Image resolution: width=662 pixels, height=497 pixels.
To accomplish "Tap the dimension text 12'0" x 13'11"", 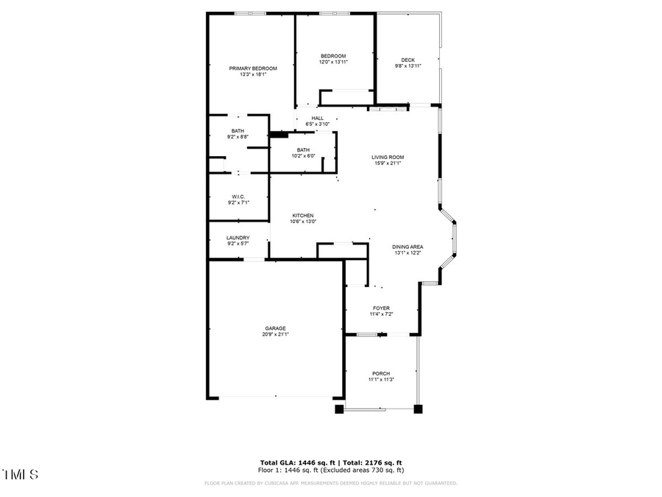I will coord(332,63).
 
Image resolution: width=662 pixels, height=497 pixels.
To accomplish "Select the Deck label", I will coord(407,60).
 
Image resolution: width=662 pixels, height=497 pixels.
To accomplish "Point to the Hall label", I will coord(317,118).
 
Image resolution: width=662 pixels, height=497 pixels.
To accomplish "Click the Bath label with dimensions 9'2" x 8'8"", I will coord(238,130).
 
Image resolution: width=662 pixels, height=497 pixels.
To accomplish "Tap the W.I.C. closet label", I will coord(238,197).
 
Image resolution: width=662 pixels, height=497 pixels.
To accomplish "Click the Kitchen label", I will coord(303,216).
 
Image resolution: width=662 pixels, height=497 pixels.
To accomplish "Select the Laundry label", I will coord(238,238).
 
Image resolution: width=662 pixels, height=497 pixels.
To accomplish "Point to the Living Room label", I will coord(388,157).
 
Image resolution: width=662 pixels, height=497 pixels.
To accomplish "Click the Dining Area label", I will coord(407,247).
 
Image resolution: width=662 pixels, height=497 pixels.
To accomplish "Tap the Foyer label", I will coord(381,308).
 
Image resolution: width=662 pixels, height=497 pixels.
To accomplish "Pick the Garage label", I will coord(276,328).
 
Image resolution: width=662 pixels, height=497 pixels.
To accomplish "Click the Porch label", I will coord(381,373).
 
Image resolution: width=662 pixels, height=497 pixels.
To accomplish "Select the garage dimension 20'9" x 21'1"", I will coord(276,334).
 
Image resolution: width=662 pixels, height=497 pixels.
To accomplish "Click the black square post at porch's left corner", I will coord(339,409).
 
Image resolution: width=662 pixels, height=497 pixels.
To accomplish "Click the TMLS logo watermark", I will coord(21,474).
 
